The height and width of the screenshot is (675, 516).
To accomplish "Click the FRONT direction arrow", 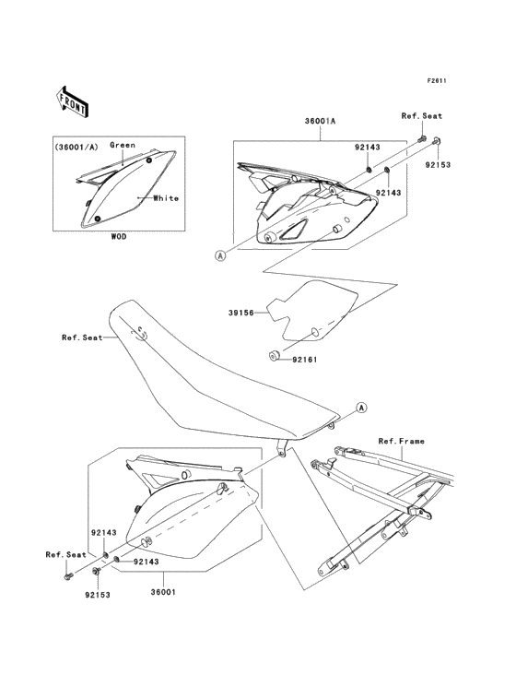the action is pyautogui.click(x=72, y=101).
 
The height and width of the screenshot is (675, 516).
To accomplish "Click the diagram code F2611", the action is pyautogui.click(x=437, y=80).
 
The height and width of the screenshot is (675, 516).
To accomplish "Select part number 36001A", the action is pyautogui.click(x=320, y=121).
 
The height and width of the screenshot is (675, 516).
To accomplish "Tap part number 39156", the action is pyautogui.click(x=241, y=313).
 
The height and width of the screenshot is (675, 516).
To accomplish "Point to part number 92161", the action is pyautogui.click(x=304, y=359).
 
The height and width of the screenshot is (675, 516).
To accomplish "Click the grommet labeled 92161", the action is pyautogui.click(x=274, y=356).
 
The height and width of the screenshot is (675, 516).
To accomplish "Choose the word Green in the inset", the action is pyautogui.click(x=123, y=145).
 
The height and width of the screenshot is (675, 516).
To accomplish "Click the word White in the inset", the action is pyautogui.click(x=166, y=198).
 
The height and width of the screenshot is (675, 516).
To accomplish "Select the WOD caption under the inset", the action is pyautogui.click(x=119, y=236).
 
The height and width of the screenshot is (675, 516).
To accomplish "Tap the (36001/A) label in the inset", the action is pyautogui.click(x=76, y=148).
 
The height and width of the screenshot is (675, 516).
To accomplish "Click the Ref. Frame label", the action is pyautogui.click(x=401, y=442).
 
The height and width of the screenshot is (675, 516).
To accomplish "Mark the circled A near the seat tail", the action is pyautogui.click(x=361, y=408).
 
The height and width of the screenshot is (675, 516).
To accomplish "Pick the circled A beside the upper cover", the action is pyautogui.click(x=220, y=255).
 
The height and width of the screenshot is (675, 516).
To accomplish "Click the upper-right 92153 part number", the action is pyautogui.click(x=439, y=164).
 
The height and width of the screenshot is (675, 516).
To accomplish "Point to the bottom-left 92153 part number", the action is pyautogui.click(x=98, y=595).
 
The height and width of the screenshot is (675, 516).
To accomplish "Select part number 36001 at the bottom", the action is pyautogui.click(x=163, y=592).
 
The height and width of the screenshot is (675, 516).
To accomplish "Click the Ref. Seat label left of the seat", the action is pyautogui.click(x=83, y=337).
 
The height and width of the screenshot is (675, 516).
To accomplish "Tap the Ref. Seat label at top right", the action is pyautogui.click(x=422, y=116).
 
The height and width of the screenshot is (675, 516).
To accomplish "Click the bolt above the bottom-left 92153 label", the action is pyautogui.click(x=96, y=571).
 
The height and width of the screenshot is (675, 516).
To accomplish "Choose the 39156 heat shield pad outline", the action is pyautogui.click(x=313, y=314).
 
